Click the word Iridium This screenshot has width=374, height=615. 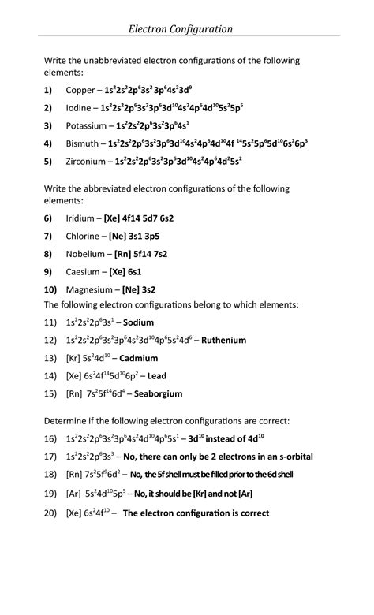coord(81,218)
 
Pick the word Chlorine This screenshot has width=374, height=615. coord(84,236)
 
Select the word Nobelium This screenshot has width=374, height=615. coord(86,254)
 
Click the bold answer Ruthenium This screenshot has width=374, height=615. coord(224,341)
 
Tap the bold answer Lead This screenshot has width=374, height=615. coord(155,376)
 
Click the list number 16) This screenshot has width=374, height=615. coord(50,438)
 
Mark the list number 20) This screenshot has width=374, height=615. coord(50,512)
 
